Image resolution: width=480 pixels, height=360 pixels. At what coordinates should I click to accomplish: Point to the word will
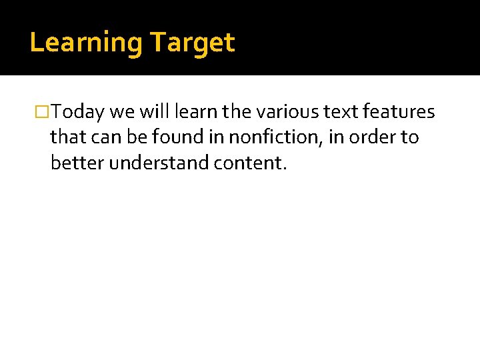(155, 111)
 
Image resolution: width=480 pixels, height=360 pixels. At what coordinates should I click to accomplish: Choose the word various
(288, 111)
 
